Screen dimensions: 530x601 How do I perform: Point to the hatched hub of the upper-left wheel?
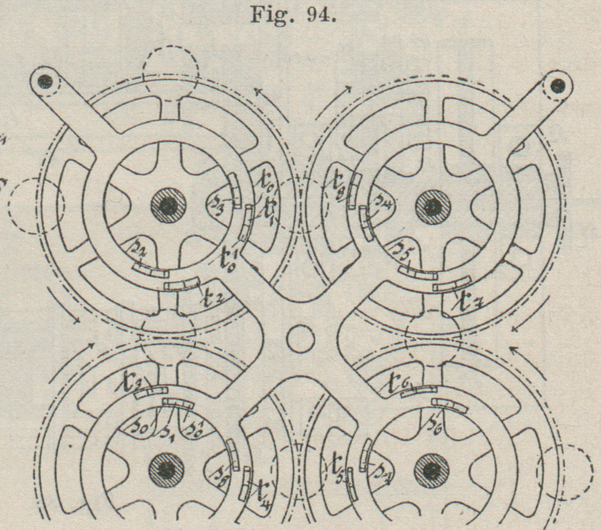point(168,205)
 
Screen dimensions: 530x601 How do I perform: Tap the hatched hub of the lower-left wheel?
point(167,470)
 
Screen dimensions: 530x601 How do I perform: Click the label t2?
point(212,299)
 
